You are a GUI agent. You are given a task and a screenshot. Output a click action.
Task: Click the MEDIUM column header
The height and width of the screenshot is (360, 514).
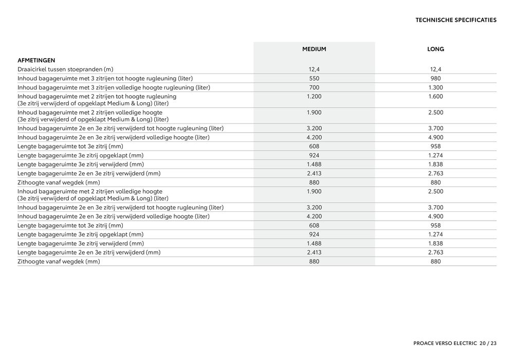(314, 49)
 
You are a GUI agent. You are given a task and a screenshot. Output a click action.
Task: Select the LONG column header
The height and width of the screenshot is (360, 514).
(435, 49)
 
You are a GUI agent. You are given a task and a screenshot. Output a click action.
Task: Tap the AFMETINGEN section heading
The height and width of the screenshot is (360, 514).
(36, 60)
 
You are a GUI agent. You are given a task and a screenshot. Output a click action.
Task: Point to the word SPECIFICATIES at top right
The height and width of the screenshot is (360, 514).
(476, 21)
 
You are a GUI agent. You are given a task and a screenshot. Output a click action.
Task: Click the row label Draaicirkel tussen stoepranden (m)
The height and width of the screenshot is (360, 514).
(65, 69)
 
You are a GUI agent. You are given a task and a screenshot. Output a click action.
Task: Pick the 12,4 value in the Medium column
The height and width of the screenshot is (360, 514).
(314, 69)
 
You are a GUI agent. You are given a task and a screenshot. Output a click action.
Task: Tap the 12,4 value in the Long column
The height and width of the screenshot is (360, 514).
(435, 69)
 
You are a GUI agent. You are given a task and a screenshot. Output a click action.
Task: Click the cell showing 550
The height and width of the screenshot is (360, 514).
(314, 79)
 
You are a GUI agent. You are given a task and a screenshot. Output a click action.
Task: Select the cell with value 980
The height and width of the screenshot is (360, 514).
(435, 79)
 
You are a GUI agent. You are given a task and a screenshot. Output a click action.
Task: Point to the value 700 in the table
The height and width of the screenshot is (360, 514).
(314, 87)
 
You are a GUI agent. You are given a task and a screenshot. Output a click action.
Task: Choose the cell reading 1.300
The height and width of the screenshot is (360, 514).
(435, 87)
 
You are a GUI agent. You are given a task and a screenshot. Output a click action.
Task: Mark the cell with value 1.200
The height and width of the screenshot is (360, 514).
(314, 97)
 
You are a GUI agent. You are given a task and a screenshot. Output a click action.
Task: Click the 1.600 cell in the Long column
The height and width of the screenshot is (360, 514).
(435, 97)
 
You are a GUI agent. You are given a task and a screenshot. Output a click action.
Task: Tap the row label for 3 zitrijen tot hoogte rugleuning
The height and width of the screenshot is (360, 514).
(105, 79)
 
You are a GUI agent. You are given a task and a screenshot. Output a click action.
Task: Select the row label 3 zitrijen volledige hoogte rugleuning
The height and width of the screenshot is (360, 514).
(114, 87)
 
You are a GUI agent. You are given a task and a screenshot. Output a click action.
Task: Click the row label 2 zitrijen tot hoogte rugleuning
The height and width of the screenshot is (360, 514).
(97, 97)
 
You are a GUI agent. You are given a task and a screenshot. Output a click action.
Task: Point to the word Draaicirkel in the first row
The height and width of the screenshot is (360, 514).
(33, 69)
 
